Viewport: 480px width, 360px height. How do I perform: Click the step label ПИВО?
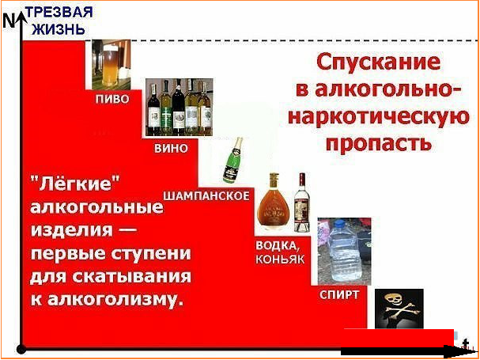coord(112,100)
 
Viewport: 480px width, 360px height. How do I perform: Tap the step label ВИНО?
coord(171,149)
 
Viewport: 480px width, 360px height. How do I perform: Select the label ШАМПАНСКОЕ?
coord(206,195)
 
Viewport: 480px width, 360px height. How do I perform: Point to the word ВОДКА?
coord(275,246)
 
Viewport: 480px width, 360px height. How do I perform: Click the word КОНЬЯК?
coord(280,260)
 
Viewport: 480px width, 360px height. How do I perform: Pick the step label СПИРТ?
coord(339,295)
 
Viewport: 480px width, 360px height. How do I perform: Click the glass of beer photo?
coord(111,64)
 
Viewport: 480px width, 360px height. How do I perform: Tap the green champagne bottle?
coord(232,160)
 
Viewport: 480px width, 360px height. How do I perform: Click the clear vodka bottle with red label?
coord(302,203)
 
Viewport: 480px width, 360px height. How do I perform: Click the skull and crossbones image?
coord(399,309)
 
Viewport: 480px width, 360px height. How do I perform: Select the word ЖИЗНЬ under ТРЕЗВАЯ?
coord(58,29)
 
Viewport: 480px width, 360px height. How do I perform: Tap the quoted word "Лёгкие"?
coord(74,184)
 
